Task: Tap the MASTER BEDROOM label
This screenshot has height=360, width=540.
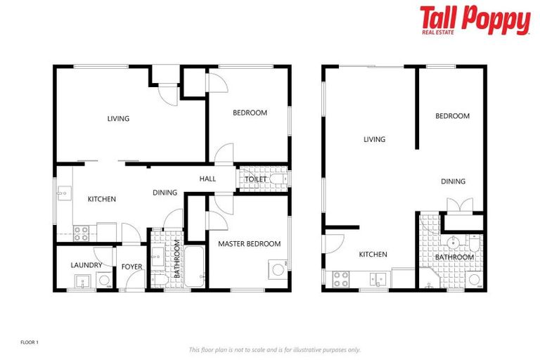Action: coord(249,244)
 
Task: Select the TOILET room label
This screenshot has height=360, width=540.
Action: coord(255,179)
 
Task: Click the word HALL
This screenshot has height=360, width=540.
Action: coord(207,179)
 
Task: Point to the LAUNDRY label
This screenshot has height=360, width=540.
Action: coord(85,265)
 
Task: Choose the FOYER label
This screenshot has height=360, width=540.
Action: coord(131,266)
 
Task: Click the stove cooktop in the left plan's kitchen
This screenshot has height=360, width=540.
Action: coord(80,229)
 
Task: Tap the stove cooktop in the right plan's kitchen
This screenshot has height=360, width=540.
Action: coord(341,279)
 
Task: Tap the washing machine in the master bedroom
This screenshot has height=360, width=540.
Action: coord(278,268)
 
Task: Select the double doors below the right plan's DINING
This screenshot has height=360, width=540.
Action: coord(455,205)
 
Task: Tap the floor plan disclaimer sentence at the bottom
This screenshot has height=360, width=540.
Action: coord(274,349)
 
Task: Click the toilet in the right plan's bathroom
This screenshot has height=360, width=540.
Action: coord(475,278)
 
